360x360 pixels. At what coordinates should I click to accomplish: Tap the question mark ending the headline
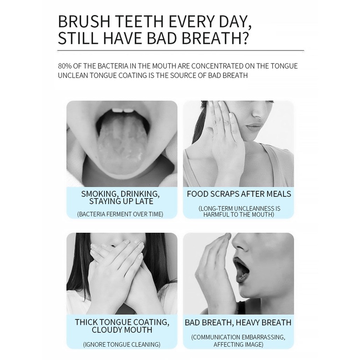[x=245, y=38]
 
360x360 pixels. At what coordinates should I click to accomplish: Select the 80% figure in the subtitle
[x=65, y=66]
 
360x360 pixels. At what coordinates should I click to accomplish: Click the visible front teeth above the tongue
[x=123, y=110]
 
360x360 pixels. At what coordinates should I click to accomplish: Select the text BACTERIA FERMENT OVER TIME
[x=120, y=214]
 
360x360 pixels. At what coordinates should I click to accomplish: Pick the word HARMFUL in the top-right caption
[x=215, y=215]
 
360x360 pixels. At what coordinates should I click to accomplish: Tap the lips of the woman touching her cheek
[x=255, y=127]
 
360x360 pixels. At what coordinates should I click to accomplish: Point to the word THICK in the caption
[x=86, y=322]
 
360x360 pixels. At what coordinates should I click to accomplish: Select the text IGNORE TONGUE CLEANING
[x=122, y=345]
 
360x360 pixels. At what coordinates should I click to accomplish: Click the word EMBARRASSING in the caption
[x=259, y=337]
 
